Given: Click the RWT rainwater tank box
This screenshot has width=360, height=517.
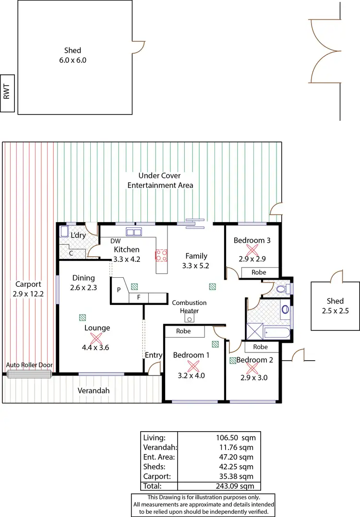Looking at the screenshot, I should (x=7, y=93).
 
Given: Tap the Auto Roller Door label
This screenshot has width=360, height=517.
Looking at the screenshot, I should (x=29, y=365).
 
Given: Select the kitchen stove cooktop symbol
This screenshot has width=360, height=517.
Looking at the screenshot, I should (x=161, y=255).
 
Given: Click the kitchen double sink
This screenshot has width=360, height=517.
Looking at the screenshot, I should (x=133, y=233).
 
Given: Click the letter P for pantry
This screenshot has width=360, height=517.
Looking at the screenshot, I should (x=118, y=290).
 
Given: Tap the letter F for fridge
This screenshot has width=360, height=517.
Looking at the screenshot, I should (x=139, y=297).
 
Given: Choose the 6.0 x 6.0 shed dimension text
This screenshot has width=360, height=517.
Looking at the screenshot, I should (x=74, y=60).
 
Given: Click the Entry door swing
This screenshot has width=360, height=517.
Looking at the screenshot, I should (x=155, y=369).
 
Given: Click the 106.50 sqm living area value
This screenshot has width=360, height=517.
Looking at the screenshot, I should (x=236, y=437).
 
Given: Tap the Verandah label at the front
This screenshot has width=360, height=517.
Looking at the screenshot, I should (x=94, y=391).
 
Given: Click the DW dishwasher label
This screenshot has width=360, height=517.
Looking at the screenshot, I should (x=115, y=241).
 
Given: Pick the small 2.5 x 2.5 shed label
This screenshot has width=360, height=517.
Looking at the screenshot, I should (x=335, y=310).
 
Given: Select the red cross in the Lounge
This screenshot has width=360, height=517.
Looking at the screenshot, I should (x=97, y=339).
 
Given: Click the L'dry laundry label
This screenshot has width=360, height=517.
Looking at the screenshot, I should (x=78, y=235).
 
